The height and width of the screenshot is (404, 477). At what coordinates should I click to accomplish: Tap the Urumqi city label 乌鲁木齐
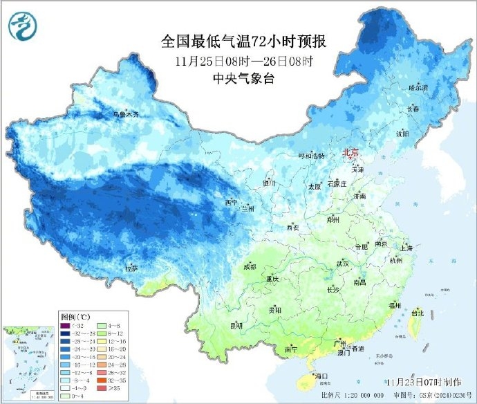pyautogui.click(x=126, y=114)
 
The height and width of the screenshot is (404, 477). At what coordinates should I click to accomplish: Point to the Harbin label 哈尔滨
pyautogui.click(x=418, y=88)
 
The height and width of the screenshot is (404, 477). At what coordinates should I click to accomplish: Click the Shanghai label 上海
pyautogui.click(x=406, y=248)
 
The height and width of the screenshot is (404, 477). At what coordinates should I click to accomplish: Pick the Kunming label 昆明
pyautogui.click(x=236, y=325)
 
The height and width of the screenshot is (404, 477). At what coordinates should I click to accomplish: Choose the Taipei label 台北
pyautogui.click(x=417, y=313)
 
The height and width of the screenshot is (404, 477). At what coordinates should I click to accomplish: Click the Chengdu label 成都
pyautogui.click(x=249, y=267)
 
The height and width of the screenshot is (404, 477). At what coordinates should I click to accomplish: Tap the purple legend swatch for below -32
pyautogui.click(x=64, y=325)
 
